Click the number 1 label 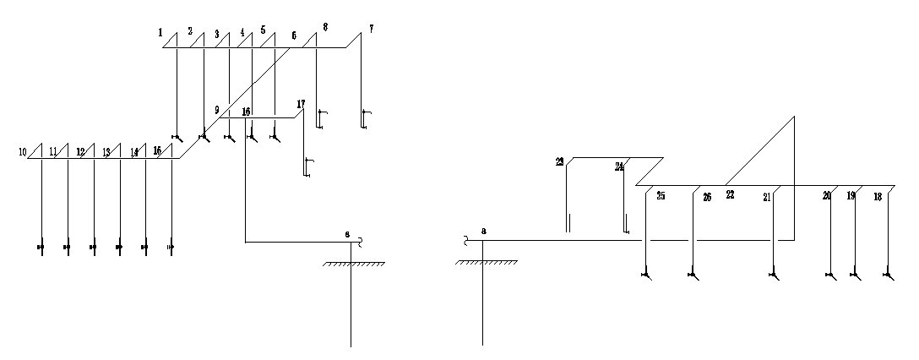[160, 32]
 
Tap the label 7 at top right [371, 29]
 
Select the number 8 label [326, 27]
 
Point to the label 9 [216, 110]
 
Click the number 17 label [301, 104]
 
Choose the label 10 [23, 152]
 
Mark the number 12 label [80, 152]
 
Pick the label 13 [106, 152]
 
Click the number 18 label [878, 196]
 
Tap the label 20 [826, 195]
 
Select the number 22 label [730, 194]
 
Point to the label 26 [707, 197]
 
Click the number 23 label [559, 161]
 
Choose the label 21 [767, 197]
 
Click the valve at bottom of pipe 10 [41, 248]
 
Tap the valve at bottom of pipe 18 [887, 275]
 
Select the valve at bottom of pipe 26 [693, 275]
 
